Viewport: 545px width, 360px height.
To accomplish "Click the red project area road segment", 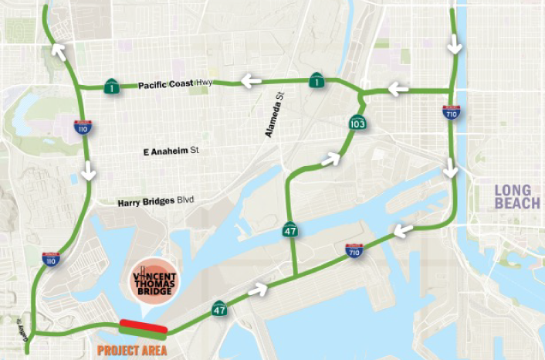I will [143, 328].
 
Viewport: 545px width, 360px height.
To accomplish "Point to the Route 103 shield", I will [357, 122].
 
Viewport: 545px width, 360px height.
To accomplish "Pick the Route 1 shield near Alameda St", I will [317, 80].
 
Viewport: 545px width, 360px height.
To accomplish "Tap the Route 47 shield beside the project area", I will [219, 309].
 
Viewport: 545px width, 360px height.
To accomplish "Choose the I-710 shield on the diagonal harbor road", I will [355, 249].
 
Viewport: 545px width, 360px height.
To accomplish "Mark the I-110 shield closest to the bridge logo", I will [51, 259].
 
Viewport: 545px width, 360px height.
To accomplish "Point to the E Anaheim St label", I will [171, 151].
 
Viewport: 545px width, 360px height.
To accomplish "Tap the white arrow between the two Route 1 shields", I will [251, 79].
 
